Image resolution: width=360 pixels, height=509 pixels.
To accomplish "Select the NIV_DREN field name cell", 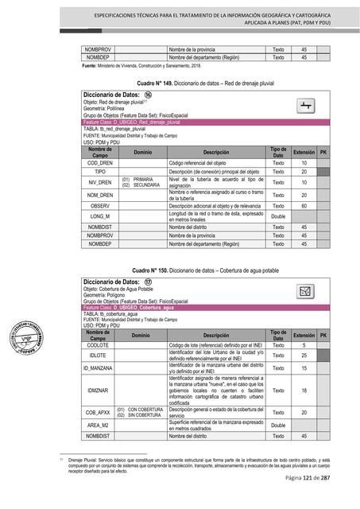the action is (x=100, y=182).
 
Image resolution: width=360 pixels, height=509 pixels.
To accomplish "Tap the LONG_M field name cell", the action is (x=100, y=216).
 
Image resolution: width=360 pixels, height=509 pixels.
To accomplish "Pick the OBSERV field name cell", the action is (x=100, y=205).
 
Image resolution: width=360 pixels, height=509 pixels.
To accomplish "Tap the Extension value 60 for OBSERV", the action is (x=304, y=205).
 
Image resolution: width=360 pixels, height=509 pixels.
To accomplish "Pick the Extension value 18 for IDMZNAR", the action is (x=304, y=390).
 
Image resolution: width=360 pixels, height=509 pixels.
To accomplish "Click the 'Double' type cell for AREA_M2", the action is (x=278, y=425).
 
